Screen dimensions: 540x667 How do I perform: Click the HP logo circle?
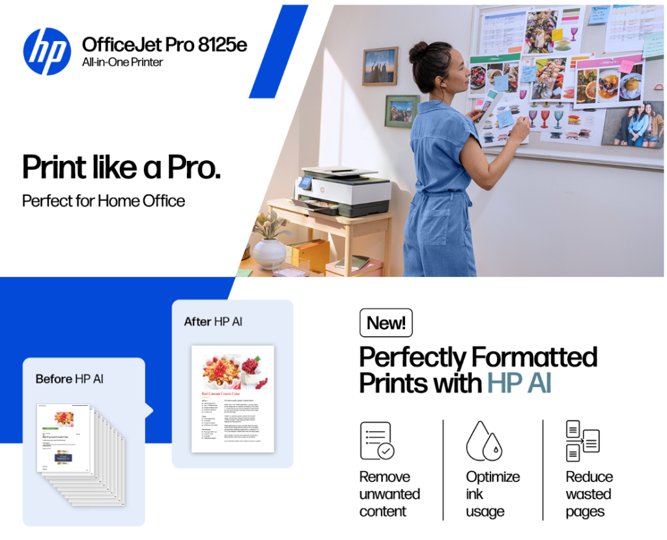(x=47, y=51)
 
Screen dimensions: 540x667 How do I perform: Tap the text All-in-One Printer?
(x=122, y=63)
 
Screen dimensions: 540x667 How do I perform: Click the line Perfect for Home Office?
(x=104, y=201)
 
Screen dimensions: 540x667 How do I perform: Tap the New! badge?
(x=386, y=322)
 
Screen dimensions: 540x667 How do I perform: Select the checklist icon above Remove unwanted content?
(x=377, y=440)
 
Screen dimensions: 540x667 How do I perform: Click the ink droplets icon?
(x=483, y=441)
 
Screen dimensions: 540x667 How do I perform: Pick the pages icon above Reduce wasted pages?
(x=582, y=440)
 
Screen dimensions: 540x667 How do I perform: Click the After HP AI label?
(x=213, y=322)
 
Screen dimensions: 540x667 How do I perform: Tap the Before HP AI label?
(x=69, y=378)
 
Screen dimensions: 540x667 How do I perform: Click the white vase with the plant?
(x=268, y=252)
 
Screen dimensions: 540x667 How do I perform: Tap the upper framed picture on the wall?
(x=380, y=66)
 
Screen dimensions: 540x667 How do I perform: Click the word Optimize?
(x=492, y=477)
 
